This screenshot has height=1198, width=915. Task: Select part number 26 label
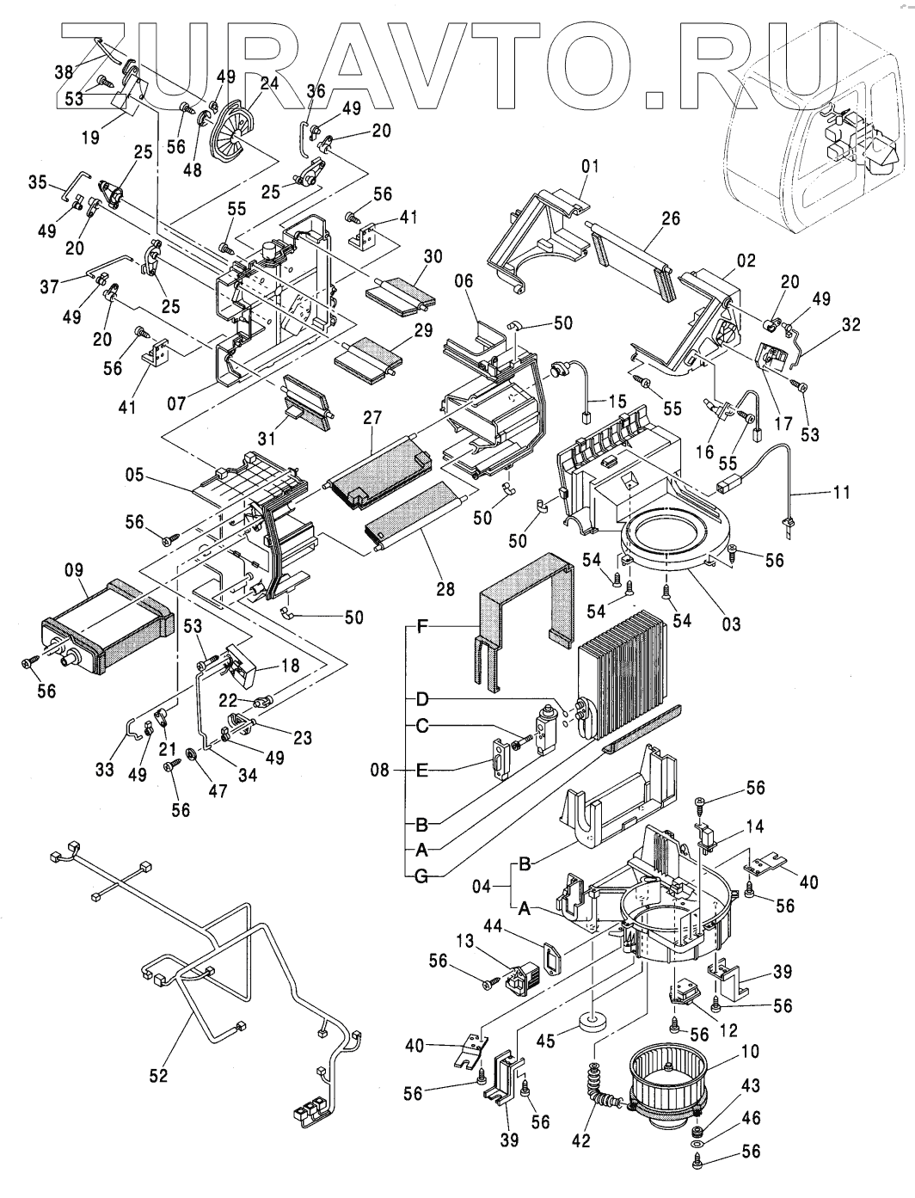tap(672, 219)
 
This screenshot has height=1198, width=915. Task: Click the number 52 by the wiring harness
tap(158, 1075)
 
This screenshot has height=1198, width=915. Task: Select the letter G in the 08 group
tap(421, 875)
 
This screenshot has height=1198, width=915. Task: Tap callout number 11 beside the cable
tap(842, 493)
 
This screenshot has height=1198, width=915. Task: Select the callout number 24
tap(270, 84)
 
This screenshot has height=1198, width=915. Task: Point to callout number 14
tap(754, 826)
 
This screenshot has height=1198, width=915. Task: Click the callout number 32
tap(851, 326)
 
